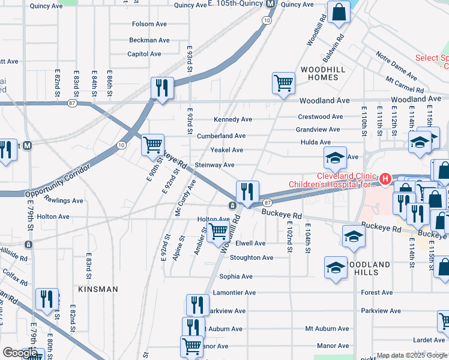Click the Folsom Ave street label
[x=150, y=25]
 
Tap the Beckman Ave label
[x=149, y=40]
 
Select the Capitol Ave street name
[x=144, y=54]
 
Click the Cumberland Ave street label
[x=221, y=136]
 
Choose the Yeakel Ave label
[x=226, y=150]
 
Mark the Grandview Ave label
[x=318, y=130]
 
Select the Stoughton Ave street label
[x=251, y=258]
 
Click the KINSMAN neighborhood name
[x=98, y=289]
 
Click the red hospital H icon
[x=385, y=179]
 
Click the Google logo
[x=20, y=353]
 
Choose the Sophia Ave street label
[x=235, y=277]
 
